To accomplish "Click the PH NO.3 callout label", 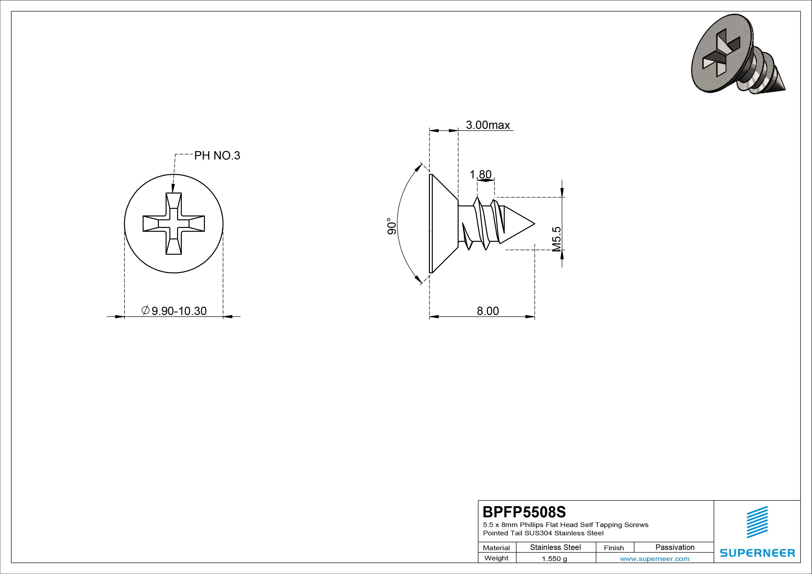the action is (217, 156).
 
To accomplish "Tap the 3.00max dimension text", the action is (488, 125).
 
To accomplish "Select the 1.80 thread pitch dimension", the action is (480, 174).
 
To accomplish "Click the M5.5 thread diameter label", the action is (556, 239).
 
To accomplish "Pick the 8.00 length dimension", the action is (488, 311).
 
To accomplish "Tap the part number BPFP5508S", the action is (524, 512).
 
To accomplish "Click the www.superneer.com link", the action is (655, 559).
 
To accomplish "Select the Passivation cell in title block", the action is (675, 547).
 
